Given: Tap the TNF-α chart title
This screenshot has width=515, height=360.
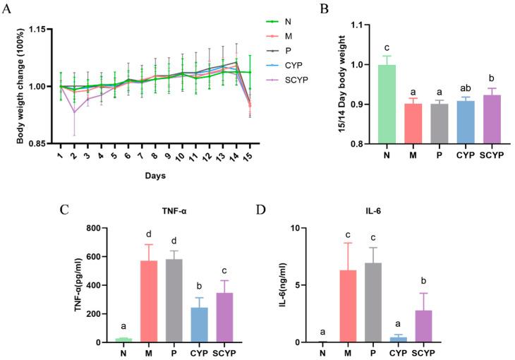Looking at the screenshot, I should coord(164,209).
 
